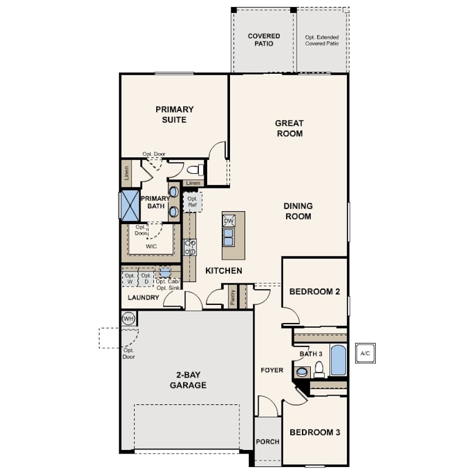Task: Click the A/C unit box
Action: tap(365, 353)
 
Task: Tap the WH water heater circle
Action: tap(129, 318)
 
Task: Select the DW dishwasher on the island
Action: tap(229, 221)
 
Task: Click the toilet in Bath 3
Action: tap(319, 369)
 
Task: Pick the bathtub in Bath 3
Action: tap(338, 360)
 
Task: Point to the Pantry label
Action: tap(232, 297)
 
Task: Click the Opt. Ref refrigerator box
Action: tap(193, 202)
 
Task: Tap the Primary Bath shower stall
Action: tap(130, 205)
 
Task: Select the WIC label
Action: tap(151, 246)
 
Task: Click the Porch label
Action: tap(267, 442)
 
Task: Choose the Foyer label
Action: tap(272, 370)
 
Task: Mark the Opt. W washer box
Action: tap(130, 279)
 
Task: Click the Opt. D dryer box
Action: tap(146, 279)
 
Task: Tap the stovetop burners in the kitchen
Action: tap(190, 248)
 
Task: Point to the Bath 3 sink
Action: tap(302, 372)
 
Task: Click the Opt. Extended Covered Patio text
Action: tap(322, 40)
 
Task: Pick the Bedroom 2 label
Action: tap(315, 291)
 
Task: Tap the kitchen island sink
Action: tap(229, 237)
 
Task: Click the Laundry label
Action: tap(143, 297)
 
